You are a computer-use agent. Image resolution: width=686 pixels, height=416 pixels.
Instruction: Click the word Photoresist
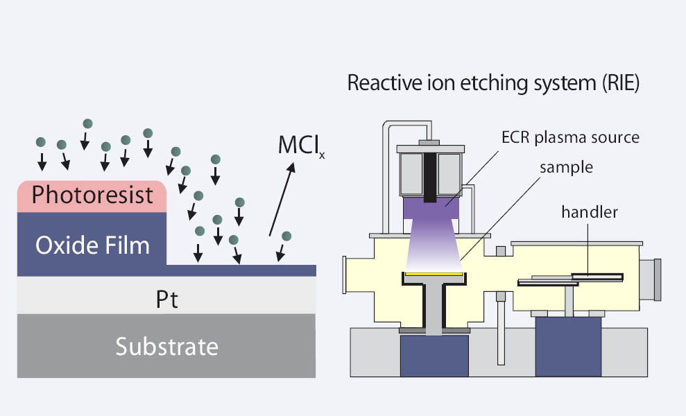pyautogui.click(x=92, y=195)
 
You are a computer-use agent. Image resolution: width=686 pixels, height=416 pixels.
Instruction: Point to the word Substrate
pyautogui.click(x=166, y=345)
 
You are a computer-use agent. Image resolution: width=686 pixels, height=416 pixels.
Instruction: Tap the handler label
pyautogui.click(x=589, y=212)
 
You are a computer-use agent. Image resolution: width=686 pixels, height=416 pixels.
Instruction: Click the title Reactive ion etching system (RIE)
pyautogui.click(x=492, y=84)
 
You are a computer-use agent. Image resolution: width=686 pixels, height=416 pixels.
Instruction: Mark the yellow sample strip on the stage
pyautogui.click(x=434, y=275)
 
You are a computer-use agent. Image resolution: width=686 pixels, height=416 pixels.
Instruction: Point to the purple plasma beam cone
pyautogui.click(x=434, y=236)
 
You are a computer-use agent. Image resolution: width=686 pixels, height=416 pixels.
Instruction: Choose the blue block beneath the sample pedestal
pyautogui.click(x=434, y=358)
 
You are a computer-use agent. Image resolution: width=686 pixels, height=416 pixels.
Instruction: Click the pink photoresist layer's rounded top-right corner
pyautogui.click(x=161, y=186)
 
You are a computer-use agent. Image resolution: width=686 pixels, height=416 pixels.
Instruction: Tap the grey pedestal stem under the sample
pyautogui.click(x=434, y=309)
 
